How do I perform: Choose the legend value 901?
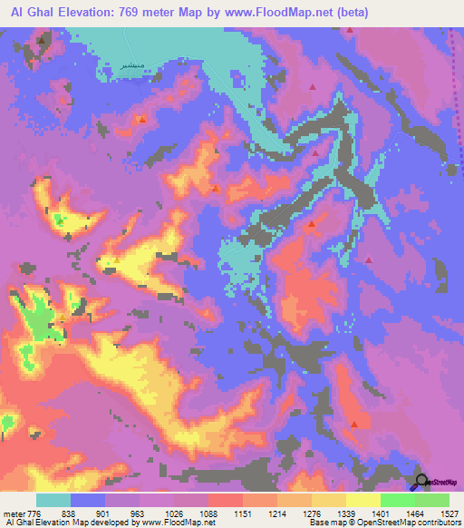click(105, 513)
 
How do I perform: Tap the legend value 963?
click(140, 513)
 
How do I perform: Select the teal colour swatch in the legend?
click(53, 500)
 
